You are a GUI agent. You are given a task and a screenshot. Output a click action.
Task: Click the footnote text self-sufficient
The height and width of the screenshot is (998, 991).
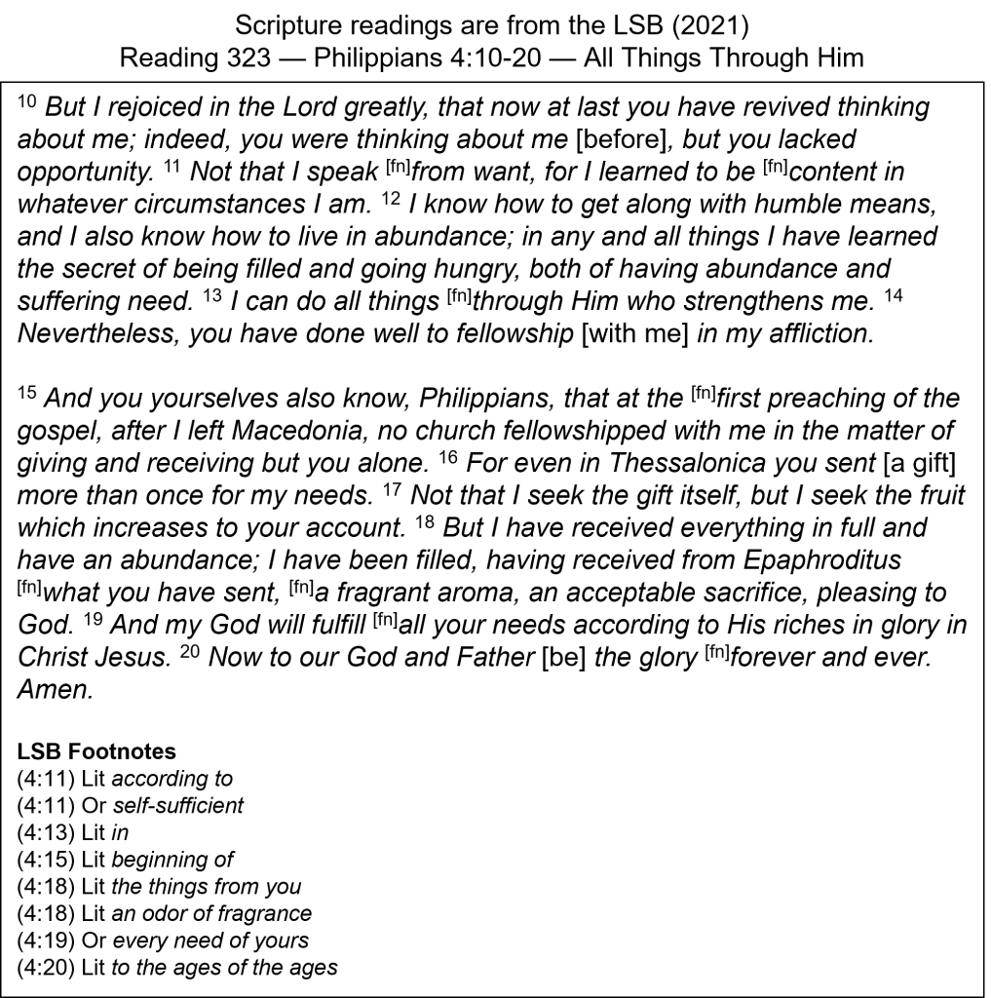click(177, 806)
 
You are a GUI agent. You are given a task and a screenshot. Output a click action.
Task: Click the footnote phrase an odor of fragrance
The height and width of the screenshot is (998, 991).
click(212, 913)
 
